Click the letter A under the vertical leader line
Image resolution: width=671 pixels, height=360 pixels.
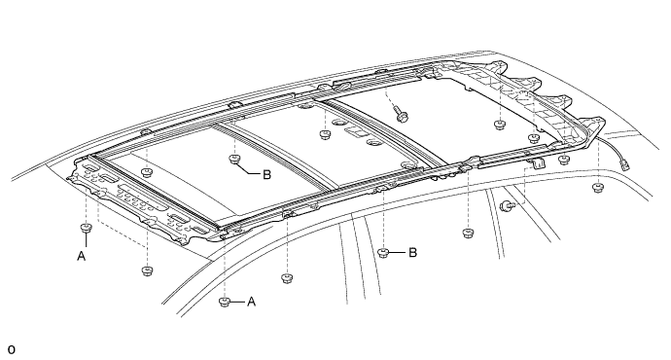pos(82,256)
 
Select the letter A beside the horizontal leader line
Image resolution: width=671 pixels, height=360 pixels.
pos(251,302)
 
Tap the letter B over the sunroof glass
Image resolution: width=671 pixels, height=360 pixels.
pos(266,175)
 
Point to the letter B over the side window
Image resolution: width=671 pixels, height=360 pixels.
pos(412,253)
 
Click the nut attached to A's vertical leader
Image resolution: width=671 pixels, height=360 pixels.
pos(87,228)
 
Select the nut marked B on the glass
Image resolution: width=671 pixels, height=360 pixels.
pos(234,160)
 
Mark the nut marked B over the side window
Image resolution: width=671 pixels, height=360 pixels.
pos(383,253)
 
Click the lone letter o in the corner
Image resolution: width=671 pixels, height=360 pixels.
pos(11,349)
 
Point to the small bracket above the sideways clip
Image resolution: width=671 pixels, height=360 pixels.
pos(538,162)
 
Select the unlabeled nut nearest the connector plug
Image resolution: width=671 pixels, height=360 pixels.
pos(597,187)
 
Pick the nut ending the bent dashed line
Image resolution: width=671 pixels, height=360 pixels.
pos(147,270)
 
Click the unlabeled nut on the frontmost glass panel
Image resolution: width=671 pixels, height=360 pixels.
pos(147,172)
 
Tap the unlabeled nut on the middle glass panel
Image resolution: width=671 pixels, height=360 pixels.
pos(325,135)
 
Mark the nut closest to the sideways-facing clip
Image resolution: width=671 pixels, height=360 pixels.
pos(468,234)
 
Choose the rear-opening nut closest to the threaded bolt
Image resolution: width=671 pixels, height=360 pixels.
pos(499,125)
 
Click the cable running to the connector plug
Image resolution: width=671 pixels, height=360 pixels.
pos(611,145)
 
